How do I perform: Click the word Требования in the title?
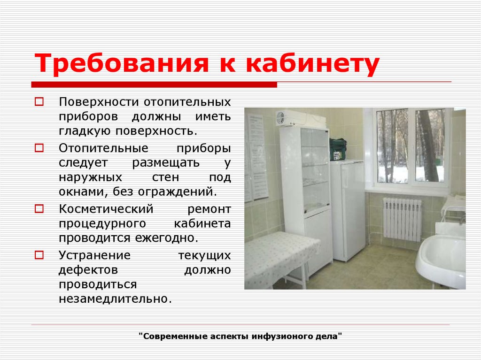(122, 63)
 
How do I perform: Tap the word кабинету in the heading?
(312, 64)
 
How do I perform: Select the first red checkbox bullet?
(39, 101)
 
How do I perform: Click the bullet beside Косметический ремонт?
(39, 209)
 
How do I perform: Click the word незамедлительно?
(115, 299)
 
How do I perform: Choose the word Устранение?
(94, 255)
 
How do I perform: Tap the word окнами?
(84, 192)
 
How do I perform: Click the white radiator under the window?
(402, 219)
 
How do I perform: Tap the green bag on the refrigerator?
(338, 149)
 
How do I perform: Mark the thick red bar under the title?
(154, 84)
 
